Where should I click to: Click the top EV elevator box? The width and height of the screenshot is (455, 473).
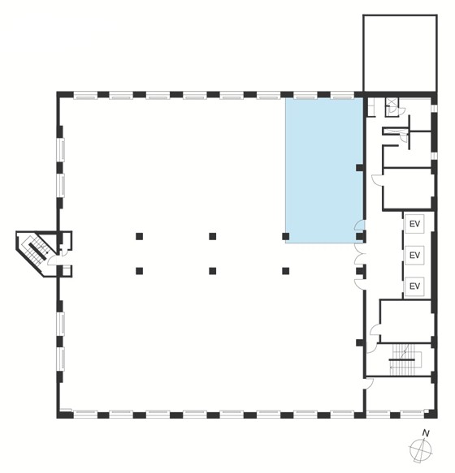tap(414, 224)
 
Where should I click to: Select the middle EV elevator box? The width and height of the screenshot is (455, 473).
tap(414, 256)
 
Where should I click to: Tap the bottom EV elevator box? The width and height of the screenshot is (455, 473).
tap(414, 286)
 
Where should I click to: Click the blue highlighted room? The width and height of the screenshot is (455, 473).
tap(324, 170)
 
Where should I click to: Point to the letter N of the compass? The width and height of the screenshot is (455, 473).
tap(426, 433)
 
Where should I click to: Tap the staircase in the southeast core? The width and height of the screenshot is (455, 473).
tap(402, 360)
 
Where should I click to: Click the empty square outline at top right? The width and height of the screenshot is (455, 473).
tap(400, 53)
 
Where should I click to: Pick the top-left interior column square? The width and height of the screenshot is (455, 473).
tap(139, 236)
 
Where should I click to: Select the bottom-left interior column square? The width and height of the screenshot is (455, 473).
tap(139, 271)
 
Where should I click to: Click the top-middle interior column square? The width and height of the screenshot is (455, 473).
tap(213, 236)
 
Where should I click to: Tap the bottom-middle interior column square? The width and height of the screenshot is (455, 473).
tap(213, 271)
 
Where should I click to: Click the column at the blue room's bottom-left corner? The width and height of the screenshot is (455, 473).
tap(286, 236)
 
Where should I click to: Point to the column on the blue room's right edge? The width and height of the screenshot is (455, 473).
tap(359, 168)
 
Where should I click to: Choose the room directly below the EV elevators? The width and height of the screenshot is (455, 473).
tap(405, 320)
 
